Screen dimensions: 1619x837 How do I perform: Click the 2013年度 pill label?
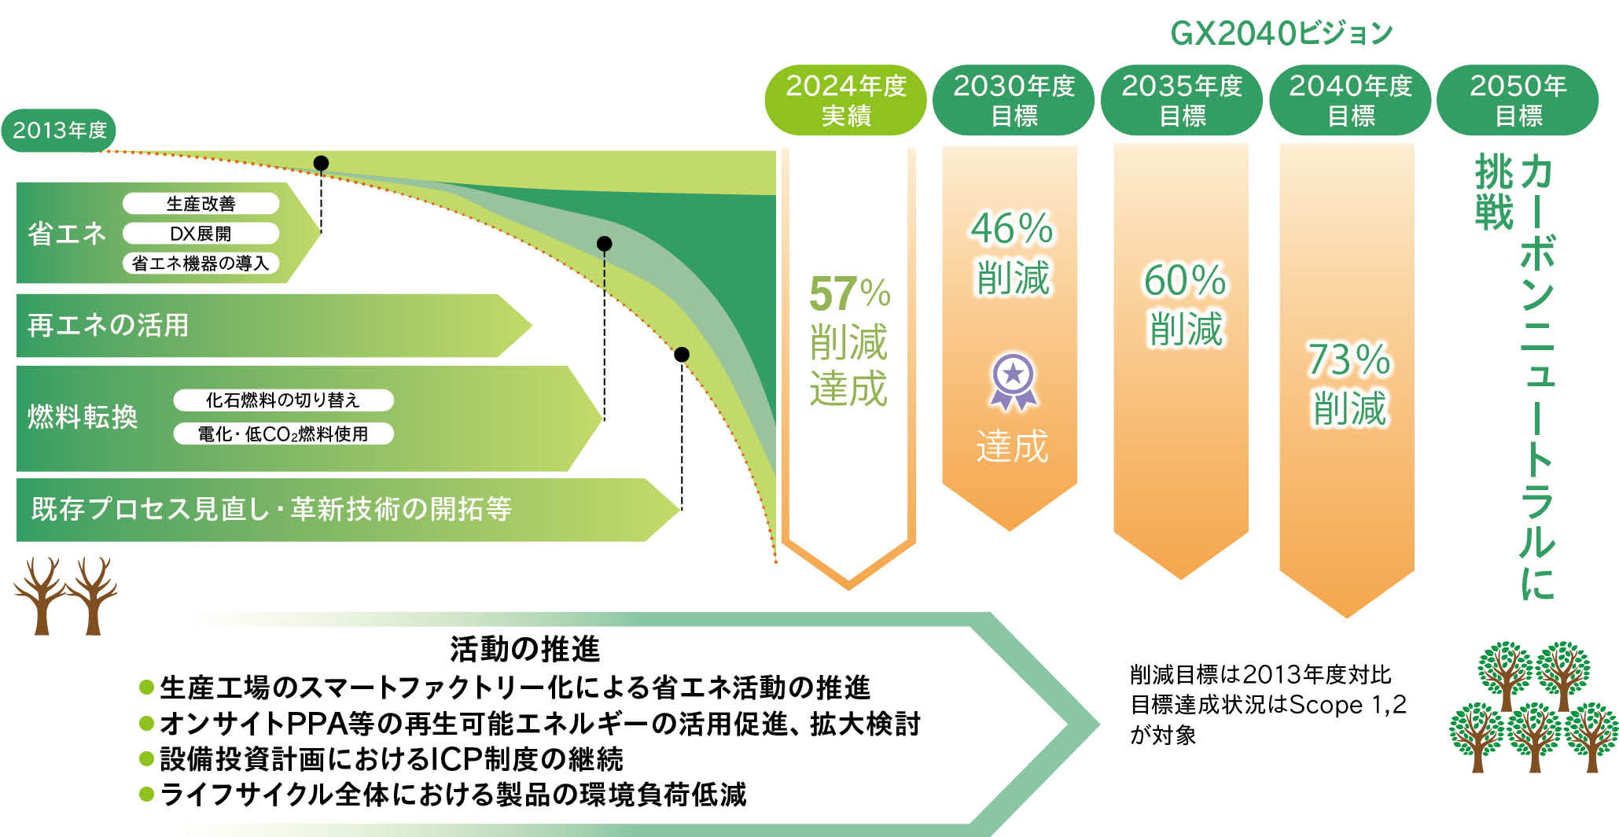pyautogui.click(x=59, y=130)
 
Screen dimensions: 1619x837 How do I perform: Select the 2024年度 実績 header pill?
pyautogui.click(x=846, y=100)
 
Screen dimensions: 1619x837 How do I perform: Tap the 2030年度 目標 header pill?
pyautogui.click(x=1014, y=100)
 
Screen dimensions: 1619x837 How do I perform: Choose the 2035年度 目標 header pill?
pyautogui.click(x=1182, y=100)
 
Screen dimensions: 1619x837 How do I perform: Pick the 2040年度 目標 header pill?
pyautogui.click(x=1350, y=100)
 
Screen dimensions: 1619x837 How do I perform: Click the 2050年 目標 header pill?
pyautogui.click(x=1518, y=100)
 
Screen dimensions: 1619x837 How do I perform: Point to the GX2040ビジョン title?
pyautogui.click(x=1281, y=33)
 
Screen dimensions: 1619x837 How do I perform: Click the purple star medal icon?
pyautogui.click(x=1013, y=382)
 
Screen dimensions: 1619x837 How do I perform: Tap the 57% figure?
pyautogui.click(x=849, y=294)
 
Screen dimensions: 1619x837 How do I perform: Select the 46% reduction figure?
pyautogui.click(x=1011, y=229)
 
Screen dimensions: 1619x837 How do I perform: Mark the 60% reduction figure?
pyautogui.click(x=1184, y=280)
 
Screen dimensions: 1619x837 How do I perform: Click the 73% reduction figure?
pyautogui.click(x=1349, y=360)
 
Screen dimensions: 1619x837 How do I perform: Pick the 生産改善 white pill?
pyautogui.click(x=201, y=204)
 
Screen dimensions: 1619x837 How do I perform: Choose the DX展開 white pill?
pyautogui.click(x=201, y=234)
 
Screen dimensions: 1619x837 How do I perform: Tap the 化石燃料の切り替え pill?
pyautogui.click(x=283, y=400)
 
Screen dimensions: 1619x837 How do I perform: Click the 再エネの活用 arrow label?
pyautogui.click(x=109, y=325)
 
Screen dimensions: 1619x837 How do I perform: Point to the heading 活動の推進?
pyautogui.click(x=524, y=649)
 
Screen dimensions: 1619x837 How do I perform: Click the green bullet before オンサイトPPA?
pyautogui.click(x=146, y=723)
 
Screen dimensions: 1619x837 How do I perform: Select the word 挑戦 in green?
pyautogui.click(x=1493, y=193)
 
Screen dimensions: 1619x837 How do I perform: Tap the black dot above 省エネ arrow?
pyautogui.click(x=321, y=163)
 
